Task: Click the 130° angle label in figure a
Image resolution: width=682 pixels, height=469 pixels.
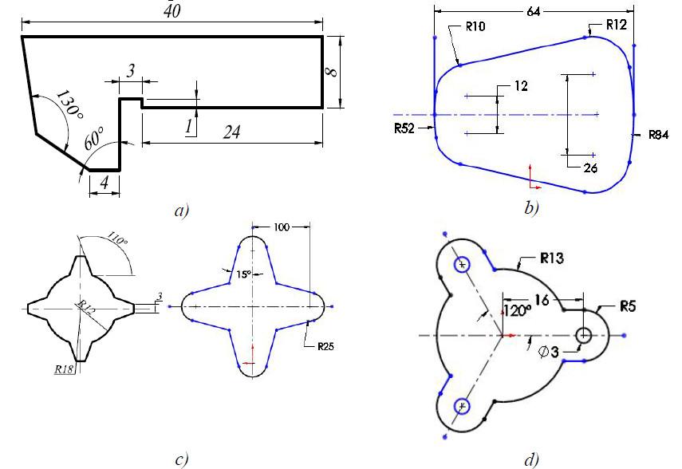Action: tap(69, 104)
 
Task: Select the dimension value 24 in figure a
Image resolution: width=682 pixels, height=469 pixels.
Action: tap(231, 133)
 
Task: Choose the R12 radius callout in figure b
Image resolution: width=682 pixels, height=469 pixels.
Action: tap(616, 25)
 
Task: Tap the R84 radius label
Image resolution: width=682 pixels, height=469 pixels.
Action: tap(658, 136)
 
